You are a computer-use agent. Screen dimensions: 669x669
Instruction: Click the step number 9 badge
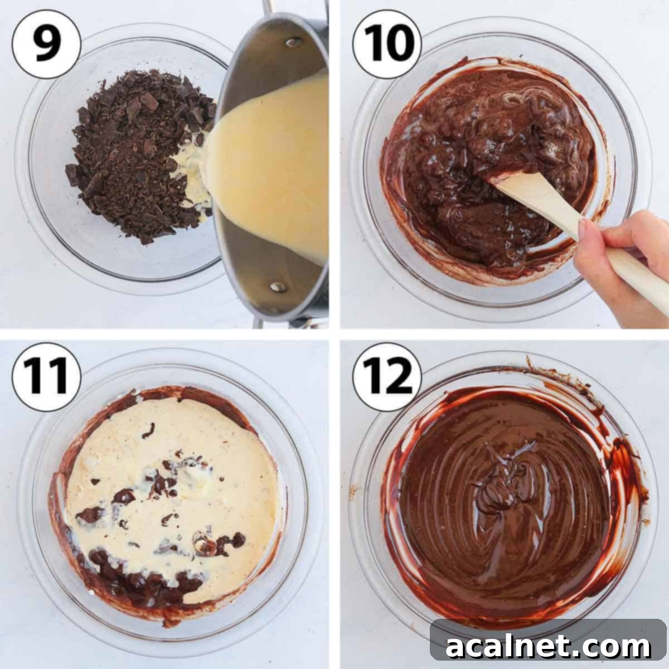coord(47,45)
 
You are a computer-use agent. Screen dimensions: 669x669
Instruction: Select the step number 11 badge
coord(47,377)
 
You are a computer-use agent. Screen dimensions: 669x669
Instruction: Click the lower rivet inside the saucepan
coord(277,287)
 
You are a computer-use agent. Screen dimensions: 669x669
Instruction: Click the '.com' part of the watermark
coord(613,647)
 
